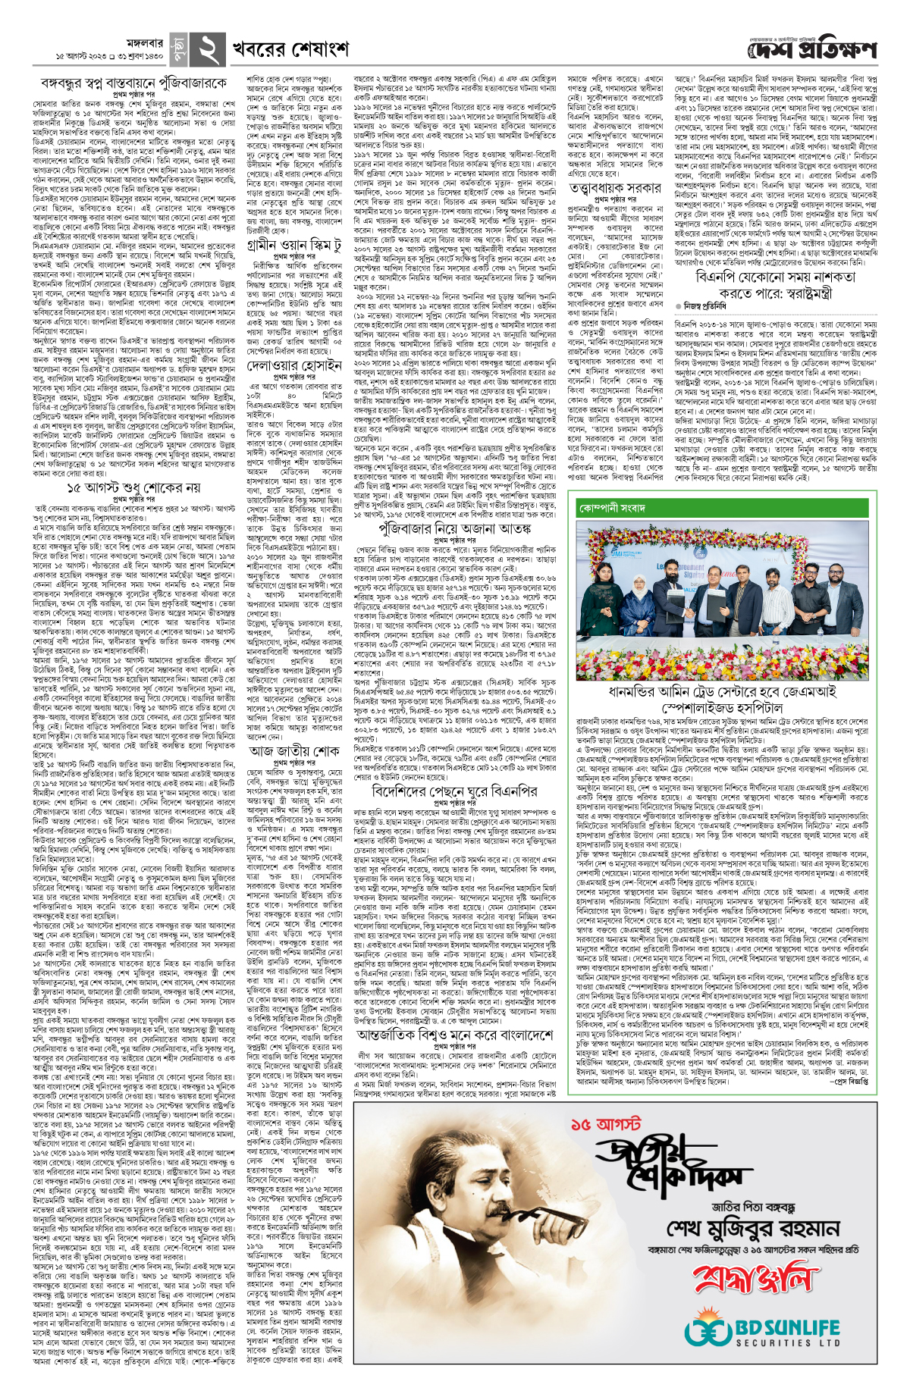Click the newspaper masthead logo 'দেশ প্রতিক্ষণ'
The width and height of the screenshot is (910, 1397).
pos(811,51)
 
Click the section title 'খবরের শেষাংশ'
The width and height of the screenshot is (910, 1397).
pos(290,49)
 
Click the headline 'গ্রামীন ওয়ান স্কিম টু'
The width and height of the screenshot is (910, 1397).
pos(300,244)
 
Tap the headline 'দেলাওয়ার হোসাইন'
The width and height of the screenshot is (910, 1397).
pos(300,365)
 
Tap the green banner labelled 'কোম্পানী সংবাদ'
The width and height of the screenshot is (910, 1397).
pos(613,507)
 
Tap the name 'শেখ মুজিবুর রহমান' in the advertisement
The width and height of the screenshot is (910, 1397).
pos(752,1228)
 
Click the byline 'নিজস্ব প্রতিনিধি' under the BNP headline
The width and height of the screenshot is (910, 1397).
pos(708,305)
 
